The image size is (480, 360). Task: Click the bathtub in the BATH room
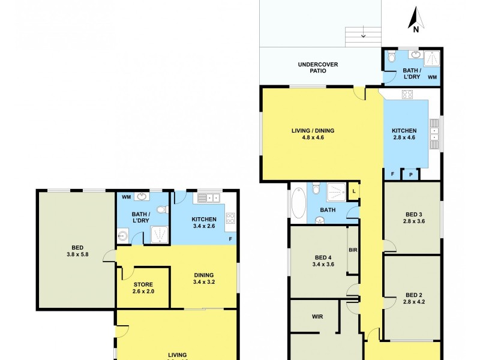[298, 203]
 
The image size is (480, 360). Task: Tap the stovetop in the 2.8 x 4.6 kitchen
[407, 94]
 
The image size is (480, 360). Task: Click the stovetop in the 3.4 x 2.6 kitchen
[230, 218]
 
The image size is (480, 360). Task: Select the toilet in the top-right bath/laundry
[392, 57]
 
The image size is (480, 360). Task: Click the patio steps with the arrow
[363, 36]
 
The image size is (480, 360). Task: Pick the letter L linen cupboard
[354, 191]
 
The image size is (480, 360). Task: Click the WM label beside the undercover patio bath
[432, 77]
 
